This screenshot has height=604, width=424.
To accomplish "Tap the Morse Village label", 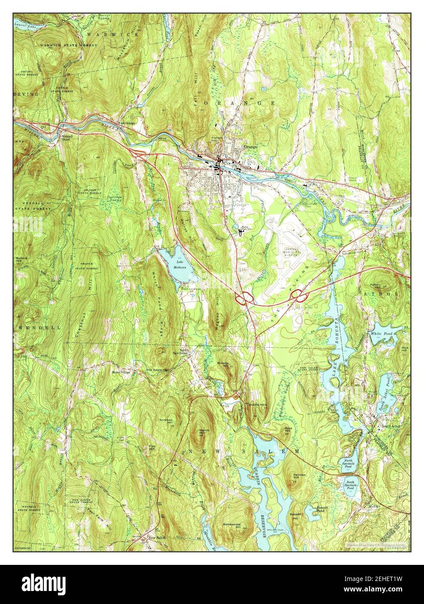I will pos(122,372).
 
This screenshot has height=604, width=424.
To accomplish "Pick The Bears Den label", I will pos(157,370).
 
